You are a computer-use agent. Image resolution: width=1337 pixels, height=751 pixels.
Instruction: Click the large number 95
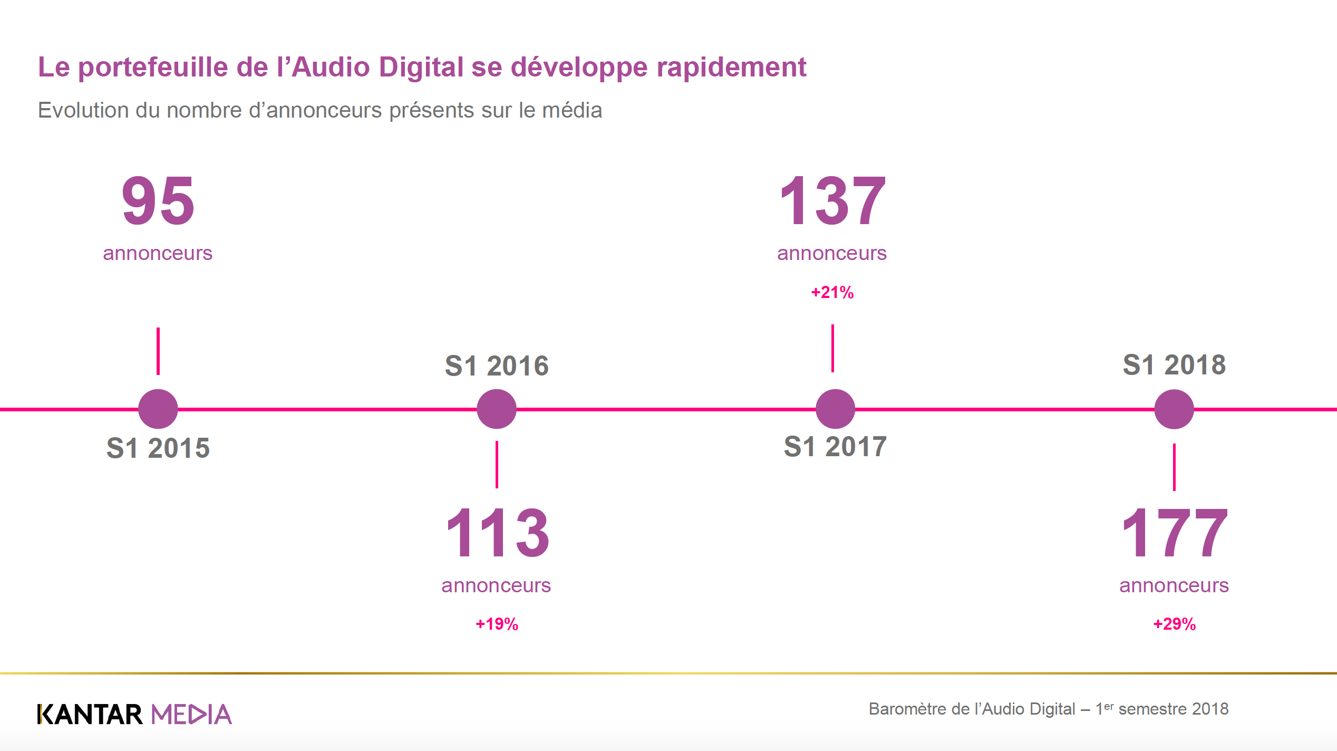(x=158, y=201)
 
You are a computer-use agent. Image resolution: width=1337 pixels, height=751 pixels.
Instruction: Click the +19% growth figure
(x=497, y=624)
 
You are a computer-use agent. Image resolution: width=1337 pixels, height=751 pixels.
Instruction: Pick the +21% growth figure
(x=832, y=292)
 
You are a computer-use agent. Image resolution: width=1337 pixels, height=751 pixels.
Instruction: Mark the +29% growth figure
(x=1174, y=624)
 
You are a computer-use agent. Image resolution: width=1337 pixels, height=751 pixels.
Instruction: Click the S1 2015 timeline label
(x=158, y=448)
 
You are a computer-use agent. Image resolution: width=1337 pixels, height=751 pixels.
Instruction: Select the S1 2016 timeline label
(x=497, y=365)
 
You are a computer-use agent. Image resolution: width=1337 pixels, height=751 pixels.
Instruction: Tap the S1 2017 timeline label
(x=835, y=447)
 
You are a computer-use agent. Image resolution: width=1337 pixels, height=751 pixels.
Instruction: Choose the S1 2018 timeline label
(x=1174, y=364)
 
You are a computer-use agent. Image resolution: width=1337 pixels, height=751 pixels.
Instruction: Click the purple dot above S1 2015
(x=158, y=409)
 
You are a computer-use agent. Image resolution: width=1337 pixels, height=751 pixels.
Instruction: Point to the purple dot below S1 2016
(x=497, y=409)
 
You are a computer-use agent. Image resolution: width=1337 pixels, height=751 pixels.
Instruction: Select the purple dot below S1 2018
(x=1174, y=409)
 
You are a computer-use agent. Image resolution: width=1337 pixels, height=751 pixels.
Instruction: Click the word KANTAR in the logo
(x=90, y=715)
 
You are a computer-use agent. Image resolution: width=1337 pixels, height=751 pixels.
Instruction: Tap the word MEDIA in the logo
(x=191, y=715)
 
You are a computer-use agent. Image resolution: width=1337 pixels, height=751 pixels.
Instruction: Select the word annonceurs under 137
(x=832, y=253)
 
